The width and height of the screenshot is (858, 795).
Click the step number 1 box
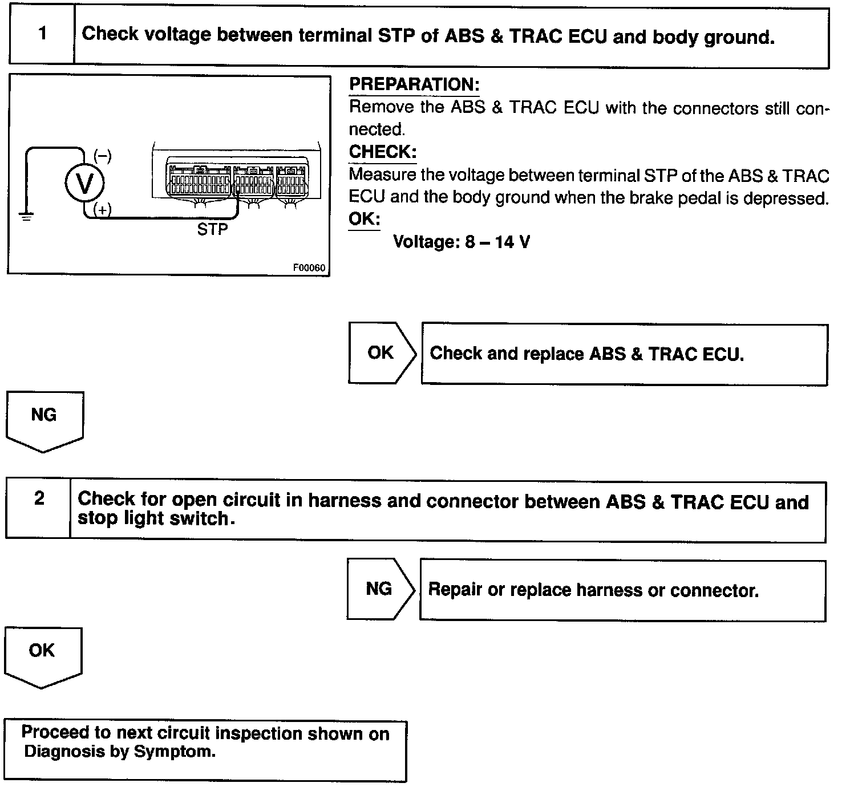point(42,35)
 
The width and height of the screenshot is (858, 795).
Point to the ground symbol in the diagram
point(26,215)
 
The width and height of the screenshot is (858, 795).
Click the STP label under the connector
point(212,230)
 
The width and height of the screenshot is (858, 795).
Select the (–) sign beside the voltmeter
point(103,156)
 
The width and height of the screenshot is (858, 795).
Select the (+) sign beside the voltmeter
point(103,210)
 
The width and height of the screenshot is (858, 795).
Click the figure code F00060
point(309,267)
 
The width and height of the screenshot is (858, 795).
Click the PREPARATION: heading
point(414,85)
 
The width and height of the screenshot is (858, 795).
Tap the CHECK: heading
point(382,152)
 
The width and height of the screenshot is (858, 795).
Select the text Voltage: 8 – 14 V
point(462,242)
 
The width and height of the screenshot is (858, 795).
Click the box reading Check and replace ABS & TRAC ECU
point(624,355)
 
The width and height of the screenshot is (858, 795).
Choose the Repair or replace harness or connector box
point(622,590)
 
